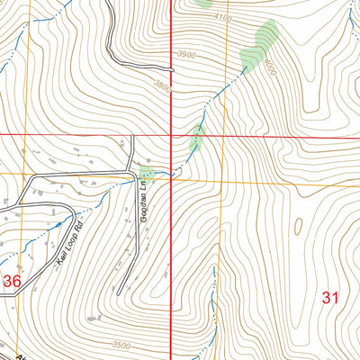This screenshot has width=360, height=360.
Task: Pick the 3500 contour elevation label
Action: click(x=121, y=345)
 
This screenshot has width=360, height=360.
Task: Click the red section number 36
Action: click(x=12, y=282)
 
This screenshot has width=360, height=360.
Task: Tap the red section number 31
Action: click(x=330, y=298)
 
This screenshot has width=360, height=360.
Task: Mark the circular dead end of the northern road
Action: click(x=171, y=65)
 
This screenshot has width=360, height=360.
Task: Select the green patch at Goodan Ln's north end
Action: click(x=147, y=173)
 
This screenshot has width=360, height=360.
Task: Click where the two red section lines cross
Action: click(x=172, y=135)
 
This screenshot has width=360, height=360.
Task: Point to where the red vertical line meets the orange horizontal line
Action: click(x=172, y=178)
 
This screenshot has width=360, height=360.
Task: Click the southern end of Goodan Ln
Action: click(x=119, y=294)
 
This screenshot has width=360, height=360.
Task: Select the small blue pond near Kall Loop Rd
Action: click(x=59, y=224)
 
